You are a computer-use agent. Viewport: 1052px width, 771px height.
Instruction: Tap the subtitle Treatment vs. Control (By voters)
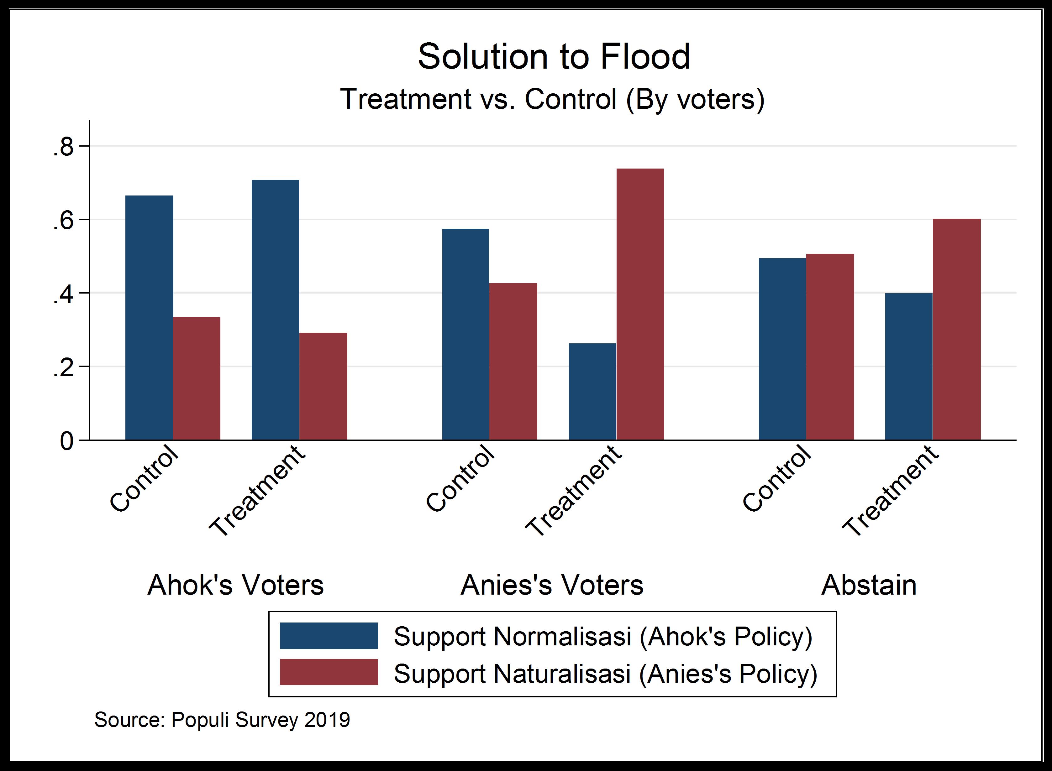click(552, 99)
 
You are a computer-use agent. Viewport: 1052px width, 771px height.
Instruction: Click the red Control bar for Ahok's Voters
click(197, 378)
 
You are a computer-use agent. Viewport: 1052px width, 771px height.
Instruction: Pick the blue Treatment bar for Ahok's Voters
click(275, 310)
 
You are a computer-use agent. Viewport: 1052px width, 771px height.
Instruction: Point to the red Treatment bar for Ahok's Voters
click(323, 386)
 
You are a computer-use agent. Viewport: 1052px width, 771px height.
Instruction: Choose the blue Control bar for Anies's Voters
click(466, 334)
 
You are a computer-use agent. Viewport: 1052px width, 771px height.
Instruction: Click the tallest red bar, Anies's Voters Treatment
click(640, 304)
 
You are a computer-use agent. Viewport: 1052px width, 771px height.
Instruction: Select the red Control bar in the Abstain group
click(830, 347)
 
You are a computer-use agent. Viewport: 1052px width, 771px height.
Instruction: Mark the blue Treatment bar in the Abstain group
click(909, 366)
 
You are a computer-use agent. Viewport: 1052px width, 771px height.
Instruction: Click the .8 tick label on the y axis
click(64, 148)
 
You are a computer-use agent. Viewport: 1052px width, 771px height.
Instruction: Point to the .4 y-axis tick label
click(64, 294)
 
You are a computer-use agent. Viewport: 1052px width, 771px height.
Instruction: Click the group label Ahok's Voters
click(235, 585)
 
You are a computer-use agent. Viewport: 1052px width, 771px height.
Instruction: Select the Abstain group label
click(869, 585)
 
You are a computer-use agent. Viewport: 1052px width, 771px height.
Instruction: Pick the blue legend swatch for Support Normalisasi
click(329, 636)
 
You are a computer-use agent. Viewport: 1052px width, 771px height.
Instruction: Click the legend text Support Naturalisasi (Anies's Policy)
click(605, 674)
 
